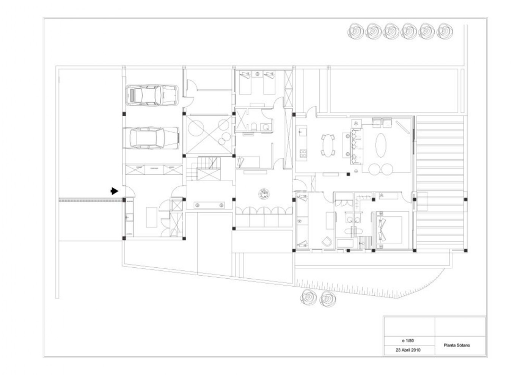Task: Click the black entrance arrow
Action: pyautogui.click(x=114, y=191)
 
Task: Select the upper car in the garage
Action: pyautogui.click(x=152, y=95)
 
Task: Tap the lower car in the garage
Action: pyautogui.click(x=151, y=138)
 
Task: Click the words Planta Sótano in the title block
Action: pyautogui.click(x=457, y=345)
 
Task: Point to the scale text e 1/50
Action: pyautogui.click(x=408, y=340)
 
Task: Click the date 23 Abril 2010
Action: pyautogui.click(x=408, y=350)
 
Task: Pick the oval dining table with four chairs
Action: pyautogui.click(x=328, y=145)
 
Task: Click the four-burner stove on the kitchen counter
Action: pyautogui.click(x=303, y=153)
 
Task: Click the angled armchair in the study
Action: pyautogui.click(x=327, y=242)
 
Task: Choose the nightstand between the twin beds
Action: pyautogui.click(x=257, y=74)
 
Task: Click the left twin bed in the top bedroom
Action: pyautogui.click(x=245, y=83)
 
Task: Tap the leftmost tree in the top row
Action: pyautogui.click(x=356, y=31)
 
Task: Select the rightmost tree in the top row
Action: pyautogui.click(x=445, y=31)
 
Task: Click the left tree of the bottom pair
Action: pyautogui.click(x=308, y=298)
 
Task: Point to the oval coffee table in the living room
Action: pyautogui.click(x=381, y=145)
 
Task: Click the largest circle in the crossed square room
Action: pyautogui.click(x=196, y=128)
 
